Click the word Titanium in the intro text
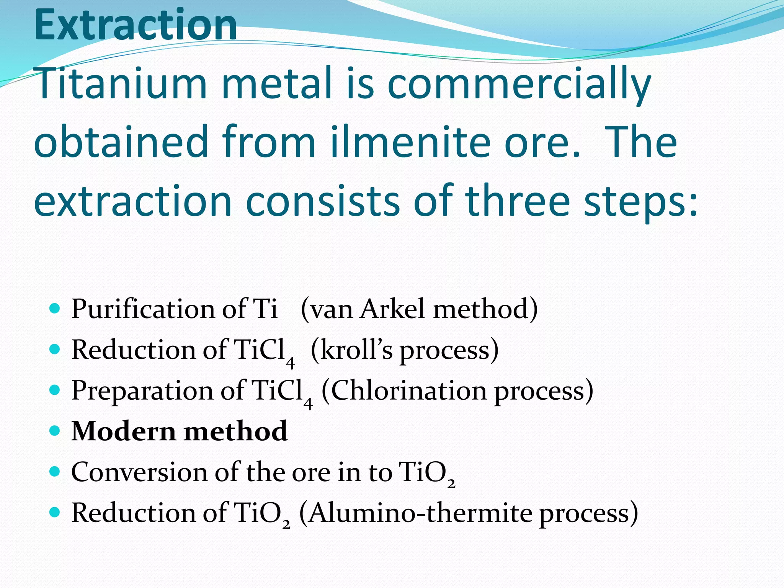pos(121,83)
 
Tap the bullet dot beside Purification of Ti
pos(55,308)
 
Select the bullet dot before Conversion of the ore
pos(55,472)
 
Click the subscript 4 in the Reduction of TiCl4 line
pos(290,362)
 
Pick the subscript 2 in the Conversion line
pos(451,484)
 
